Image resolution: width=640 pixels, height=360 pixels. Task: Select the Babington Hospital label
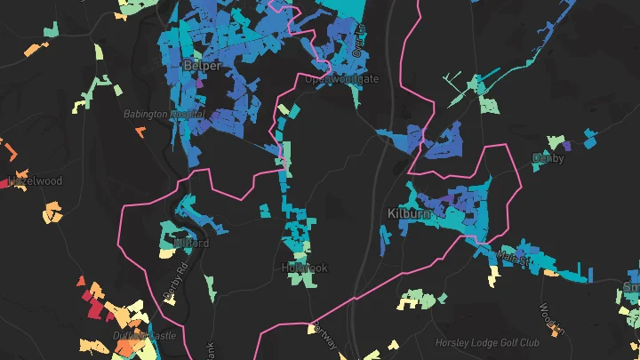pyautogui.click(x=165, y=114)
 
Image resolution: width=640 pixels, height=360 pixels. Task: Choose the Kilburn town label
pyautogui.click(x=410, y=214)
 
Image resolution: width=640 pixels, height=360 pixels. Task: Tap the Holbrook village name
pyautogui.click(x=304, y=268)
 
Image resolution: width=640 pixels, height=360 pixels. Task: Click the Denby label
pyautogui.click(x=548, y=158)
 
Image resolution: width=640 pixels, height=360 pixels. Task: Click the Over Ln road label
pyautogui.click(x=360, y=40)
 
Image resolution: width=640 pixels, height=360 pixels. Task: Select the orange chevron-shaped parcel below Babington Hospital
pyautogui.click(x=140, y=132)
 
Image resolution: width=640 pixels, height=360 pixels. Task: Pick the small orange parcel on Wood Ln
pyautogui.click(x=558, y=328)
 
